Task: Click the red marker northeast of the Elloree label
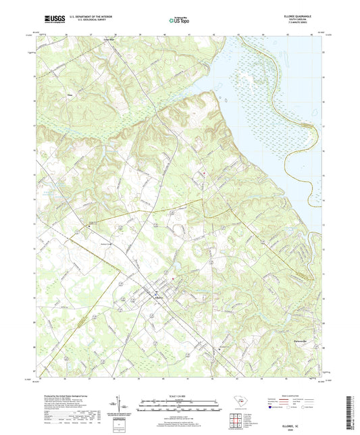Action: pyautogui.click(x=174, y=278)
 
